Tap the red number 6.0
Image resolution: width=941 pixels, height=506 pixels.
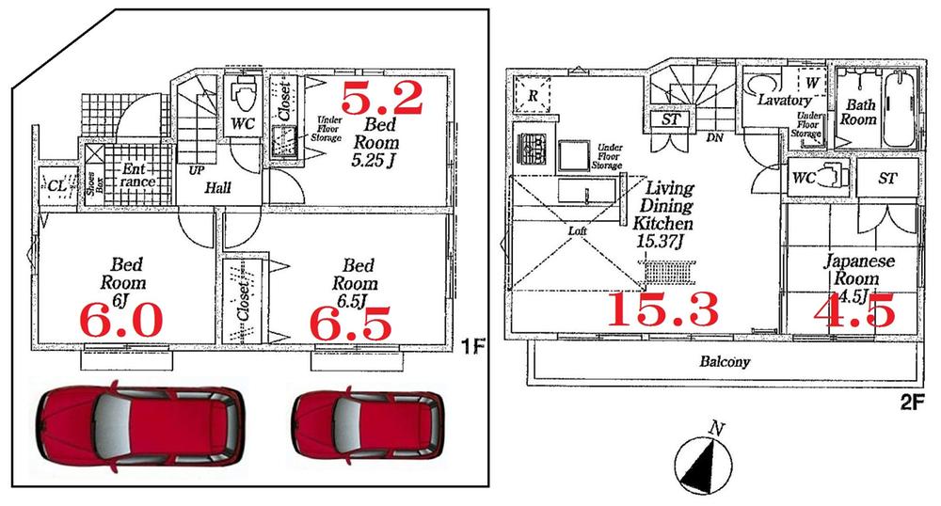121,322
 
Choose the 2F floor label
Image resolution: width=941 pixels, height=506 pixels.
912,401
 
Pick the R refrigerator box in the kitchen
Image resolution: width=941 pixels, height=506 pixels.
532,94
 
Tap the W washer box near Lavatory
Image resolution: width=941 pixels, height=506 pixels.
811,82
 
